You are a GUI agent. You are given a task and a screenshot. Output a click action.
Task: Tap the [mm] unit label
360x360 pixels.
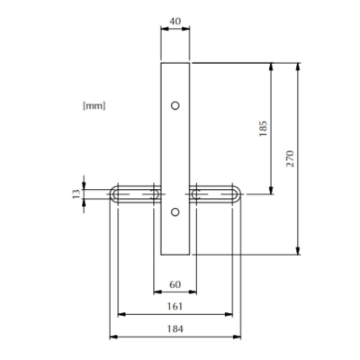(94, 105)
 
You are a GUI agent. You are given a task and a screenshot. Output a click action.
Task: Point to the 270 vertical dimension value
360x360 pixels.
(289, 159)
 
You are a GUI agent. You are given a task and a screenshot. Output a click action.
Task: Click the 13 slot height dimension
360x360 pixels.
(76, 193)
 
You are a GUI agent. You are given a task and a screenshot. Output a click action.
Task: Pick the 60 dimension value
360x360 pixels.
(175, 285)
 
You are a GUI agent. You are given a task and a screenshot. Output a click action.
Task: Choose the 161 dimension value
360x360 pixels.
(175, 307)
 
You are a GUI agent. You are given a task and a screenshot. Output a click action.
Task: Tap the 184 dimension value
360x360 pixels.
(175, 329)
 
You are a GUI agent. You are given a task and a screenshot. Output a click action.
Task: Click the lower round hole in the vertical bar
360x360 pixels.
(175, 212)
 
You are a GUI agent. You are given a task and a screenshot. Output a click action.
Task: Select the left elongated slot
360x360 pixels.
(136, 193)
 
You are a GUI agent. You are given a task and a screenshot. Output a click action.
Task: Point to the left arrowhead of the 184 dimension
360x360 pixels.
(112, 337)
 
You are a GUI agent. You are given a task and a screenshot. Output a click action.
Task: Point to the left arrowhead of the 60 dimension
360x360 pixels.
(157, 293)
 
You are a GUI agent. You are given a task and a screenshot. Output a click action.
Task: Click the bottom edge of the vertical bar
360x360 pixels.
(175, 255)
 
